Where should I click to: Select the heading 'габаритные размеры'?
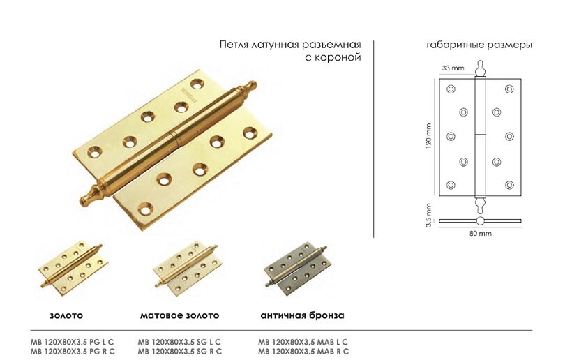coord(479,44)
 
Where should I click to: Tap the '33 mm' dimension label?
coord(453,68)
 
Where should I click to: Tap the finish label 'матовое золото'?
coord(179,315)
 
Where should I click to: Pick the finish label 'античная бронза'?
coord(302,315)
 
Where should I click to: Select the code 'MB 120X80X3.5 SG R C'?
coord(180,351)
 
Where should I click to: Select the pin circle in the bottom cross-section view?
coord(479,221)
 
